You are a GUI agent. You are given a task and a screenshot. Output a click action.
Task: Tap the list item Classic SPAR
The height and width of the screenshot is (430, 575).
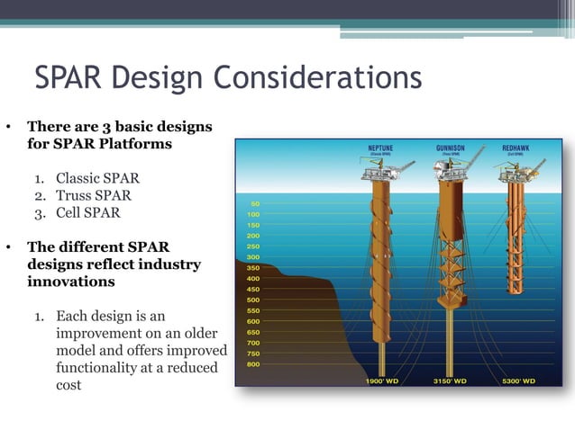point(97,178)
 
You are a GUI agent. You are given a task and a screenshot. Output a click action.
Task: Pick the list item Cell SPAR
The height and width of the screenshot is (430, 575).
point(87,213)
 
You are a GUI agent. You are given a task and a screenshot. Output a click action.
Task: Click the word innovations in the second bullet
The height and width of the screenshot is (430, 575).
point(71,282)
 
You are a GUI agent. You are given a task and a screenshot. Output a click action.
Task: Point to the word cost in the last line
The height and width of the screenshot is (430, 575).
point(68,385)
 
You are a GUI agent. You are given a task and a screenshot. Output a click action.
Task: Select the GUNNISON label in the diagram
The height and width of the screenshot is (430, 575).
point(451,147)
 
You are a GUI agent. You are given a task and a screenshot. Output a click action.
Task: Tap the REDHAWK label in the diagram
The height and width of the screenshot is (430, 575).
point(517,147)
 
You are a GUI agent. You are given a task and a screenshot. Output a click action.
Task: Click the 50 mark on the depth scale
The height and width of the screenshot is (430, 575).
point(255,204)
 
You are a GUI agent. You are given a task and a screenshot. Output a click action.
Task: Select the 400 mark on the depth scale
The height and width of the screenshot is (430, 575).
point(253,279)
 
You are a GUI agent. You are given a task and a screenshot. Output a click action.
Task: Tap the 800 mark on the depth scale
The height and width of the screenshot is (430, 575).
point(253,364)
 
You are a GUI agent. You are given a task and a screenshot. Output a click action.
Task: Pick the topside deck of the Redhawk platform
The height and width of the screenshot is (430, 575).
point(520,171)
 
